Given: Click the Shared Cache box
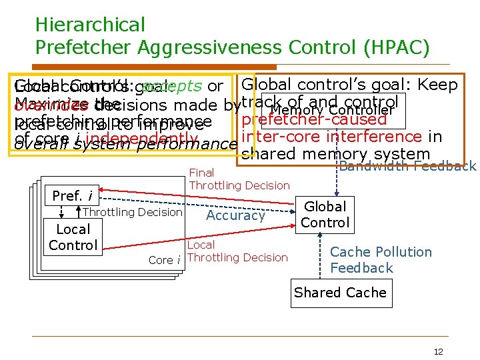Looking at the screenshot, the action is (340, 293).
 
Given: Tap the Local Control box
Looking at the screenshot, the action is (73, 237).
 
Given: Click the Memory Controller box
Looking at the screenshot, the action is (333, 109).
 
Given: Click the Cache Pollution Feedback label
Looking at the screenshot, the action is (381, 260).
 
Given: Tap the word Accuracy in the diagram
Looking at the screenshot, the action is (235, 215).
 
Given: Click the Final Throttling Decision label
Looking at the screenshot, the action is (239, 179).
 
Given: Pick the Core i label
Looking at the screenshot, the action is (165, 260).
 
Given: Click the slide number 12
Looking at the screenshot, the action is (438, 352).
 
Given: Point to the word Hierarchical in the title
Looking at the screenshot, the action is (90, 25).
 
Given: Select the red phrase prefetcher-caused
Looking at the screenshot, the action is (314, 120).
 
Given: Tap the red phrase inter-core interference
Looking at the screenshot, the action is (331, 137).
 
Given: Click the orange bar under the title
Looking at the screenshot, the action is (156, 67).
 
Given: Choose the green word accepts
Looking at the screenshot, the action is (172, 87).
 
